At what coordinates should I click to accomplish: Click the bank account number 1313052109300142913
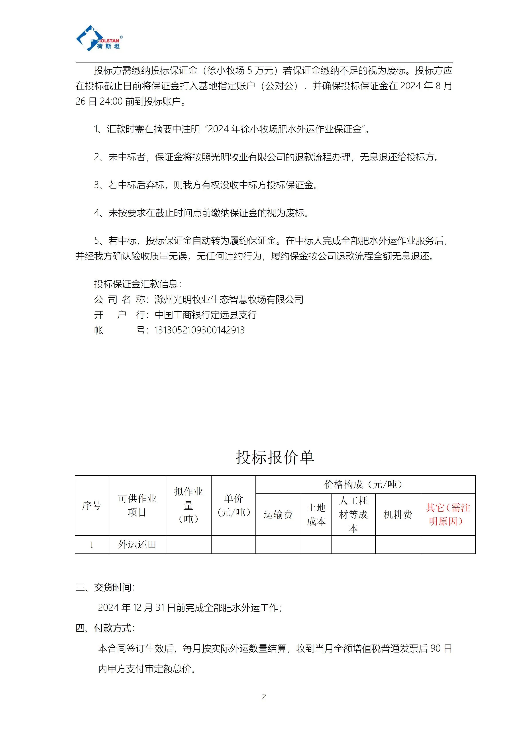coord(199,330)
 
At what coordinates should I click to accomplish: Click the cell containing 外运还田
coord(137,545)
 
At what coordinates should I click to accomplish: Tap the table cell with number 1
coord(92,545)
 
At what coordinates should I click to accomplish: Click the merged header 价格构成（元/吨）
coord(365,484)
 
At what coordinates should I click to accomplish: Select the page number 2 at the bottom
coord(264,697)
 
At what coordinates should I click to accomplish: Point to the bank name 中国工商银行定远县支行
coord(206,315)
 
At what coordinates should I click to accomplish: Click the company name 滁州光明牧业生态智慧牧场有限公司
coord(229,300)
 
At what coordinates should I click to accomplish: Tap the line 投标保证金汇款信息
coord(137,284)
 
